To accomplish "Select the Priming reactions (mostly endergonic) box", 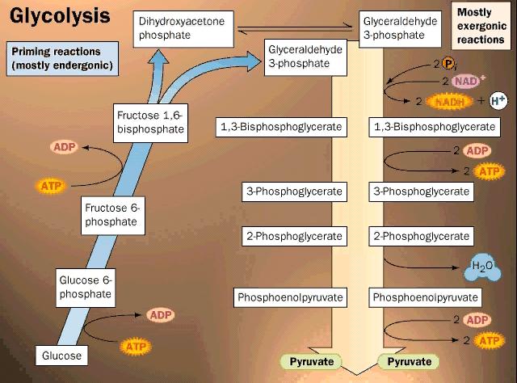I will point(61,58).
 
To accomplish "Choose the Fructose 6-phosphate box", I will point(112,214).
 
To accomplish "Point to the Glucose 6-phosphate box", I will point(86,287).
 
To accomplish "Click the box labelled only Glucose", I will point(62,355).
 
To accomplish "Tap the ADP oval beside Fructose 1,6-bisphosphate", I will point(64,147).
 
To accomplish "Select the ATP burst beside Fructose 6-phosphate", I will point(49,185).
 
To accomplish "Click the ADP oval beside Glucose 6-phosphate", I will point(159,314).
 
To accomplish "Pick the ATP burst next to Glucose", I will point(135,347).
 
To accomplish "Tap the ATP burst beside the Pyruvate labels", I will point(486,340).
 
